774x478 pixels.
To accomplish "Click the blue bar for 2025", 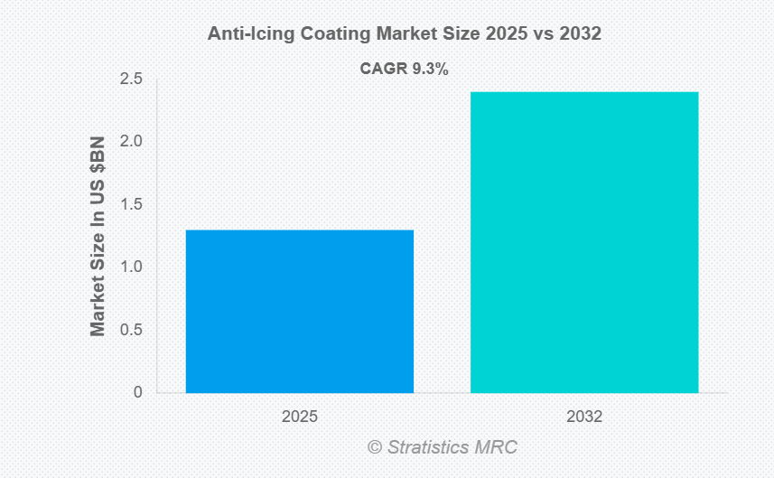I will (300, 311).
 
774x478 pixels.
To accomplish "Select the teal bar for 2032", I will (584, 242).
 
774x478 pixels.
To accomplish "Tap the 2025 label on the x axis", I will (299, 417).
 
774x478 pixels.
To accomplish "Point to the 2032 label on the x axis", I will (584, 417).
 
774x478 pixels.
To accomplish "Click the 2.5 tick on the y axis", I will (132, 80).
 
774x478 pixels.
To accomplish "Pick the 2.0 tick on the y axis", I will (132, 142).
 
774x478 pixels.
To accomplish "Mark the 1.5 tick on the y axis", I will (132, 204).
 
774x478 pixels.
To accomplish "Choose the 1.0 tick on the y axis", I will (132, 267).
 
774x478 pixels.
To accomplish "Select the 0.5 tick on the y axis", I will (132, 330).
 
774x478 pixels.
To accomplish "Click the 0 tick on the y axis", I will (138, 392).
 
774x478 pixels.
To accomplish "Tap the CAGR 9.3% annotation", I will (405, 68).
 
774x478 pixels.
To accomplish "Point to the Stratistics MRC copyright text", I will (443, 447).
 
